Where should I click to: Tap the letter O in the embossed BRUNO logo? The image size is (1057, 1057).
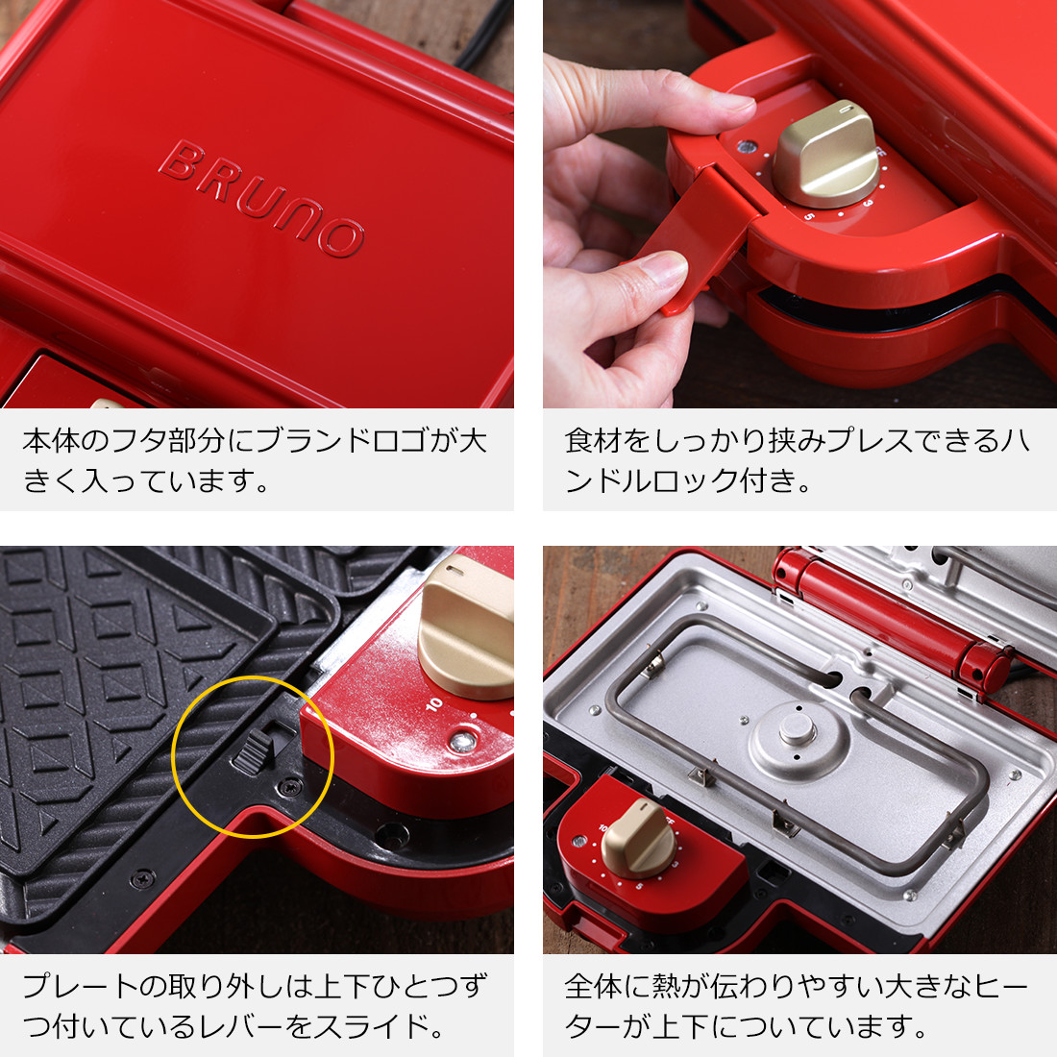click(x=341, y=236)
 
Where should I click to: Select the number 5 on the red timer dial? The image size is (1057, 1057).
click(x=809, y=216)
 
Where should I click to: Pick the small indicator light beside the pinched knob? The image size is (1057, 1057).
click(x=747, y=146)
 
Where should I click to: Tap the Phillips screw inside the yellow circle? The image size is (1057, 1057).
click(x=290, y=785)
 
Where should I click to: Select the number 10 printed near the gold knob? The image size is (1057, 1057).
click(x=434, y=704)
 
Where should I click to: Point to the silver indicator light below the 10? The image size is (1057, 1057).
click(x=463, y=743)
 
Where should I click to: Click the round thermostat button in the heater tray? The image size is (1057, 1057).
click(x=797, y=728)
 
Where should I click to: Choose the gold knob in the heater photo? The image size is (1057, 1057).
click(x=637, y=839)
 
